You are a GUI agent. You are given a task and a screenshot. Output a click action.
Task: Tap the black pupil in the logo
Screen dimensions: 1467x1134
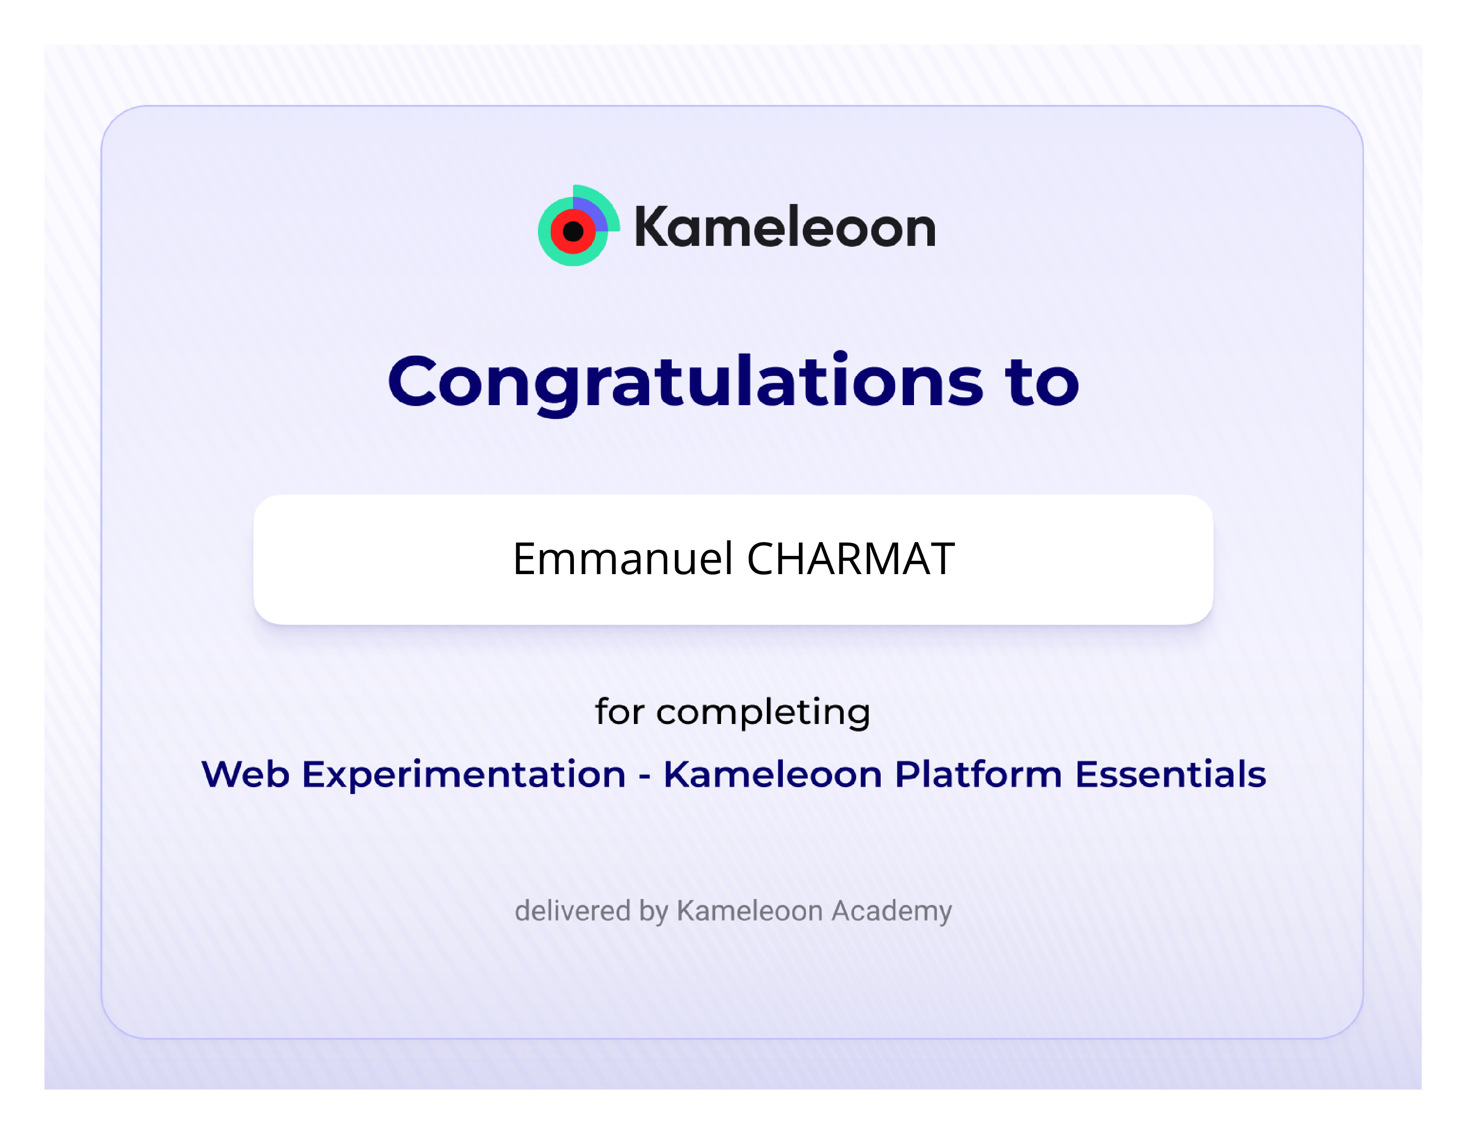pyautogui.click(x=573, y=232)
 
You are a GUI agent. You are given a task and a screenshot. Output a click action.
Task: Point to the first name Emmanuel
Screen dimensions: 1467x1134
pyautogui.click(x=622, y=559)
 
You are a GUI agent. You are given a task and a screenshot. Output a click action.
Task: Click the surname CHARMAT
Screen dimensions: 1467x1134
pyautogui.click(x=850, y=559)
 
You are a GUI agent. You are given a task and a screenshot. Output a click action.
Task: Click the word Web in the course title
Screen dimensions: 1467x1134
pyautogui.click(x=246, y=775)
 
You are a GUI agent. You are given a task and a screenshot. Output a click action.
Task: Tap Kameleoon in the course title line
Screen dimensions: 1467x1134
pyautogui.click(x=773, y=775)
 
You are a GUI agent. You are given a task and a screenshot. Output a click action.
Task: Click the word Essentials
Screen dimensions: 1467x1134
pyautogui.click(x=1171, y=775)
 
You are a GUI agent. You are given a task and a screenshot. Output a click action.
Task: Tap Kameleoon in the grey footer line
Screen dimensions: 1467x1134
pyautogui.click(x=750, y=911)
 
